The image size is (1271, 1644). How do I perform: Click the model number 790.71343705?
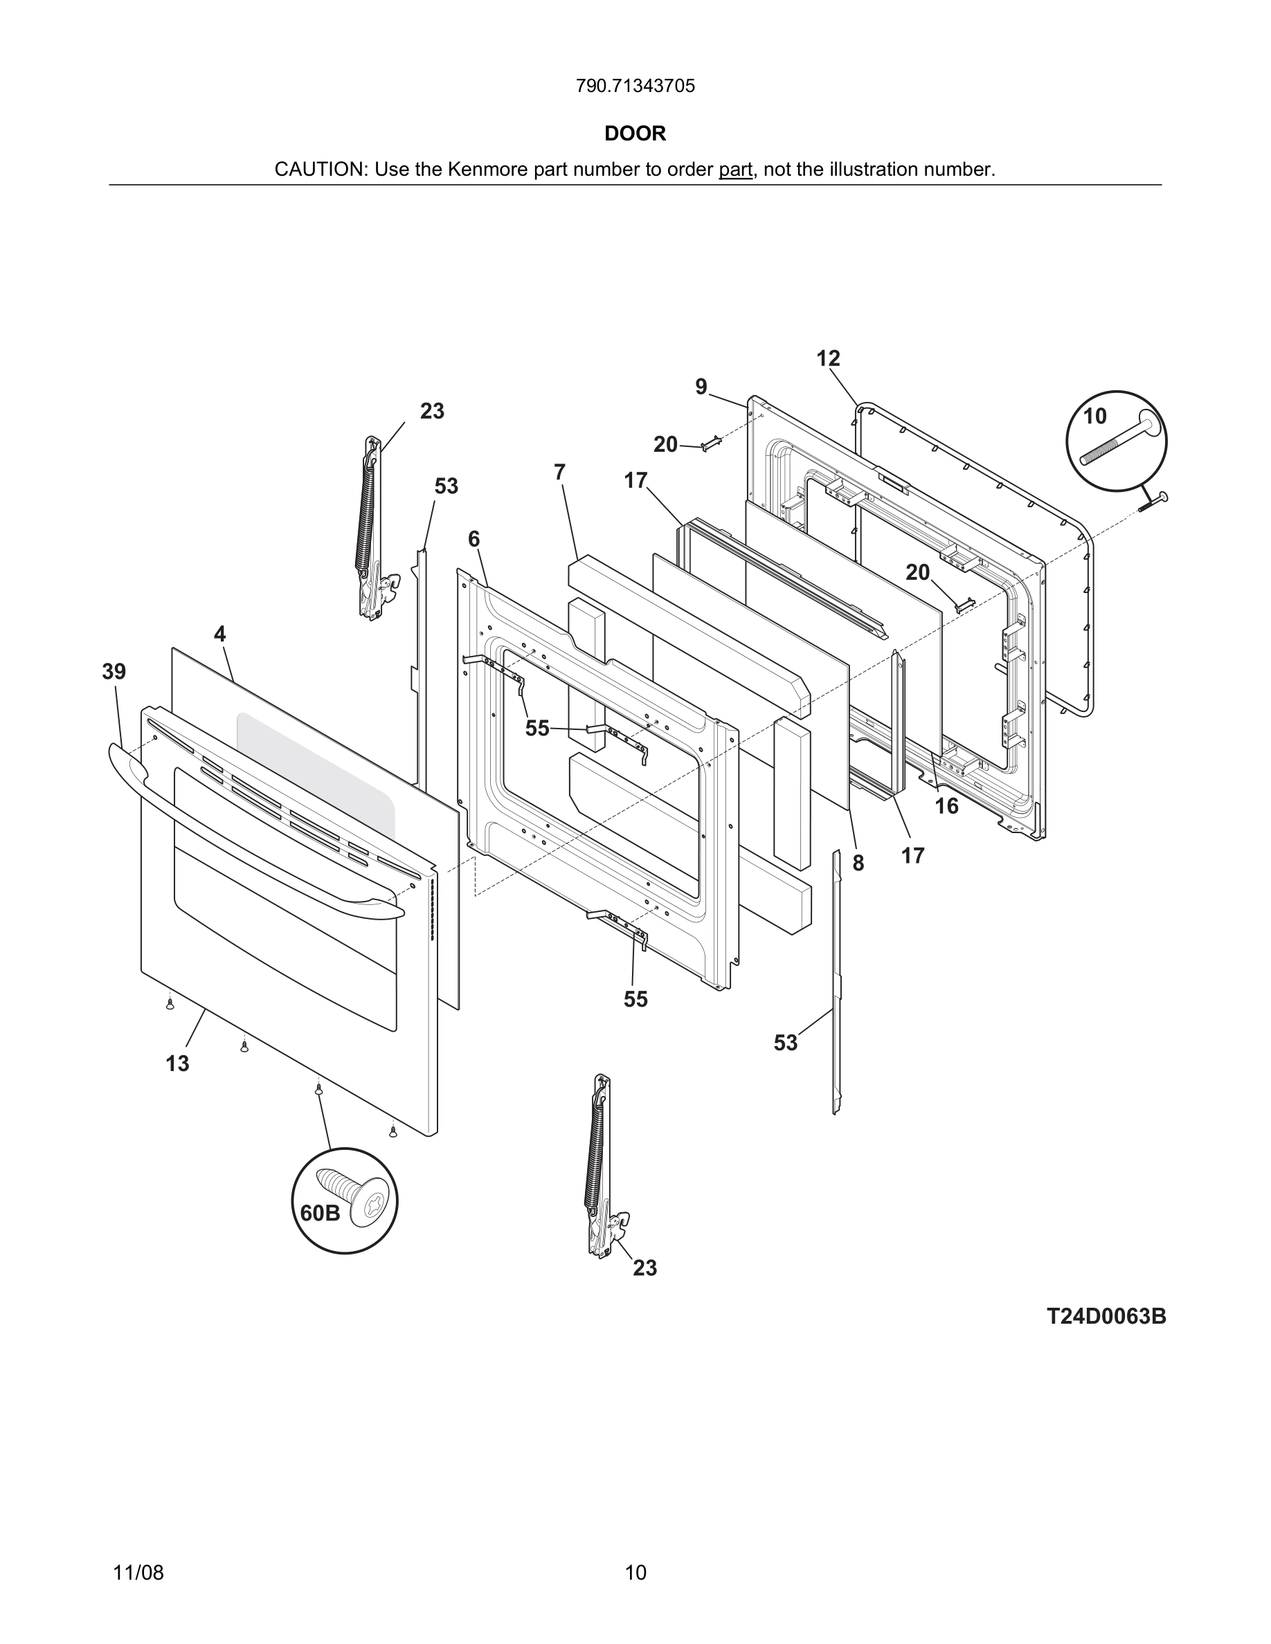(635, 86)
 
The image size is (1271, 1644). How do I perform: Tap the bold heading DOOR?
(635, 134)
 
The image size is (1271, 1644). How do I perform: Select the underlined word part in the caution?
(735, 170)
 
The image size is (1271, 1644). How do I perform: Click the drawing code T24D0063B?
(1106, 1317)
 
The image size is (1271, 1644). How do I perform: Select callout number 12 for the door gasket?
(827, 359)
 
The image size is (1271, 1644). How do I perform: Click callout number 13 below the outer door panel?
(178, 1063)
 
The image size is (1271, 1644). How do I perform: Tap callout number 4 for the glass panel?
(219, 634)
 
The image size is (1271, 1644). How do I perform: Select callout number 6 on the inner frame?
(474, 539)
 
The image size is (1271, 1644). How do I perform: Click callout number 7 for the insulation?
(559, 473)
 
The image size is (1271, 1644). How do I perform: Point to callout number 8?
(858, 864)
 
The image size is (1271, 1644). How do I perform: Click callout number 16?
(946, 806)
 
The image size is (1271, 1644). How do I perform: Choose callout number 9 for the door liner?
(701, 387)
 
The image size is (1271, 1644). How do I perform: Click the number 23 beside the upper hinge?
(432, 411)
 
